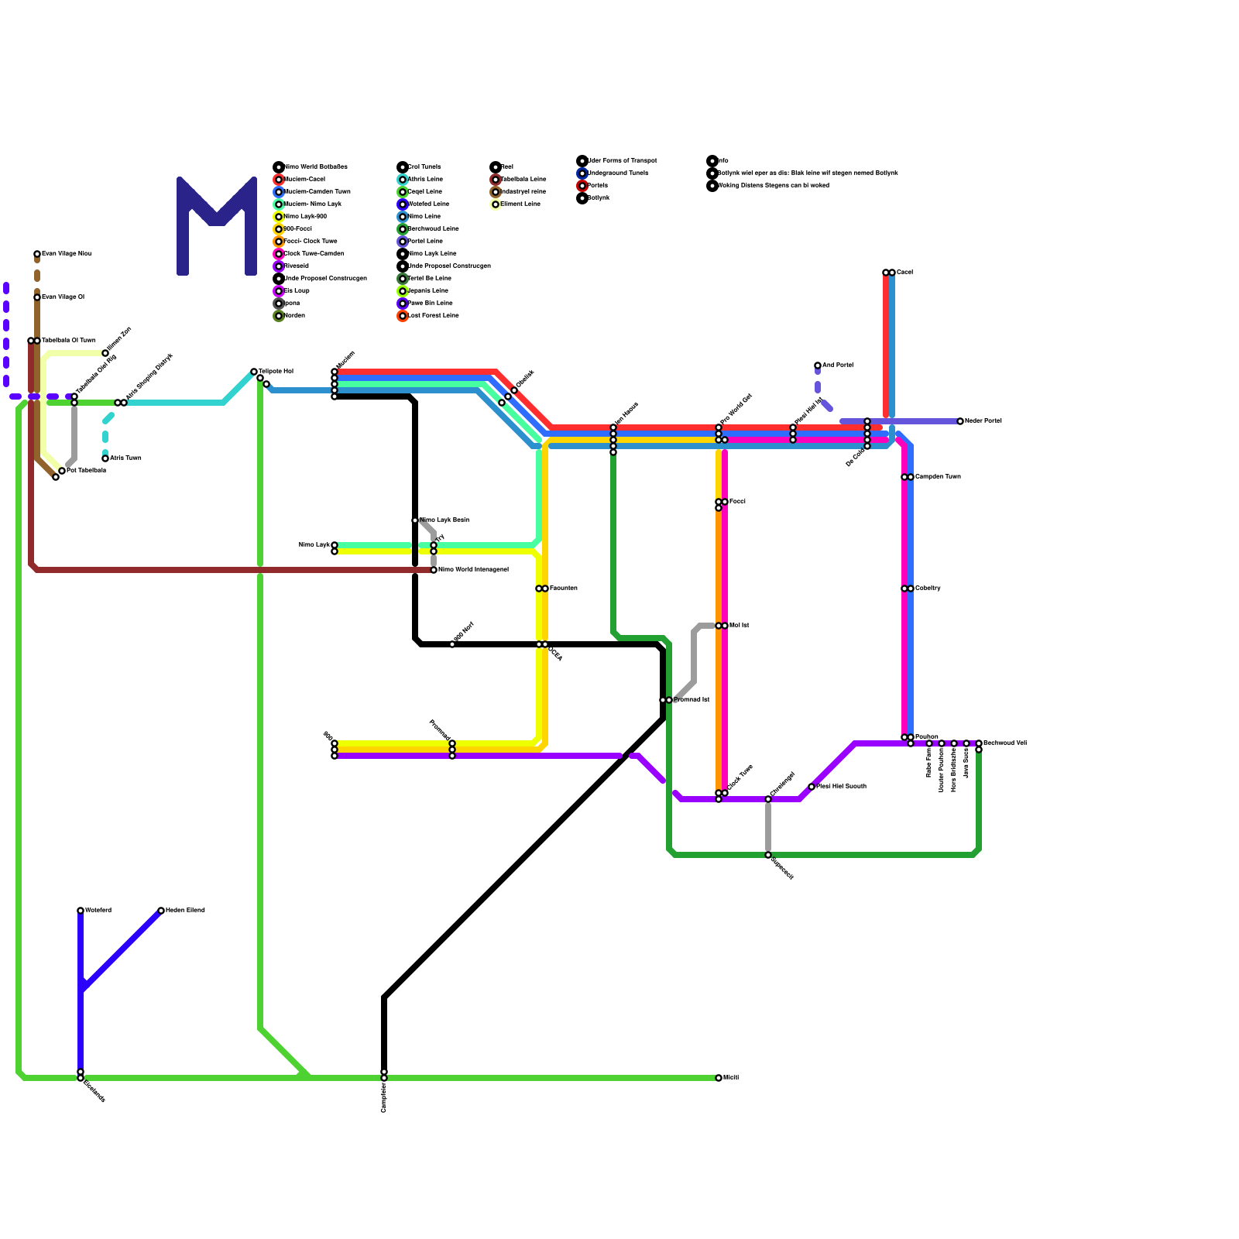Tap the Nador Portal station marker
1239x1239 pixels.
(x=960, y=421)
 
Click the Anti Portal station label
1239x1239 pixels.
(x=837, y=365)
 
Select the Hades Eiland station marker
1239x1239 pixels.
(x=161, y=911)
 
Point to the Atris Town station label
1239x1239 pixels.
(x=125, y=458)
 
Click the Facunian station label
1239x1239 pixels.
(x=563, y=589)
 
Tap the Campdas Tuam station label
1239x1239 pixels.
(x=937, y=477)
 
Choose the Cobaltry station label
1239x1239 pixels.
(x=927, y=589)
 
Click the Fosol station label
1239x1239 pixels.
(x=737, y=502)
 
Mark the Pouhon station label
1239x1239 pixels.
(x=926, y=737)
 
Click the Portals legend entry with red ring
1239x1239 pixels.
(x=597, y=186)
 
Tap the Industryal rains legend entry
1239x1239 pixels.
(x=523, y=192)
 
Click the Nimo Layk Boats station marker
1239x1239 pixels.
(x=415, y=520)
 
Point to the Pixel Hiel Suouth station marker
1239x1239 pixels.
(x=812, y=787)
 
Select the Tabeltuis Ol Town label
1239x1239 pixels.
(x=68, y=341)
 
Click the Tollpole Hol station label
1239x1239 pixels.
(x=276, y=372)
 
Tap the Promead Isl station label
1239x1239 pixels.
(x=691, y=700)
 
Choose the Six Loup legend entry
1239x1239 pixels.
(x=297, y=291)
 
